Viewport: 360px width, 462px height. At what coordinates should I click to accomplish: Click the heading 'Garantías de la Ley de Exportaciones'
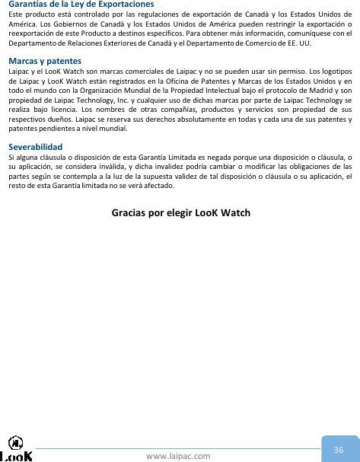[x=81, y=5]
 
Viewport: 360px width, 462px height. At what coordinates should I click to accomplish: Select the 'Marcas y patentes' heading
[x=45, y=60]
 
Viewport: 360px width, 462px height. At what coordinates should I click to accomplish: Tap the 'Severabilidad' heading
[x=35, y=145]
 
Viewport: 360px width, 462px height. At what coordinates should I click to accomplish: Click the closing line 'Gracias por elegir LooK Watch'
[x=180, y=212]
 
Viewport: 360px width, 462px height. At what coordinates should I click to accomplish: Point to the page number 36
[x=338, y=450]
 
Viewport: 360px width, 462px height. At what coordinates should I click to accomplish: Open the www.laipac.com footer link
[x=178, y=455]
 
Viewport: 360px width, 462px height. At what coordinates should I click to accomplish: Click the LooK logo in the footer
[x=16, y=450]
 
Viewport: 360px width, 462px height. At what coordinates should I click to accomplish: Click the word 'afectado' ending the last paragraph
[x=161, y=187]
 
